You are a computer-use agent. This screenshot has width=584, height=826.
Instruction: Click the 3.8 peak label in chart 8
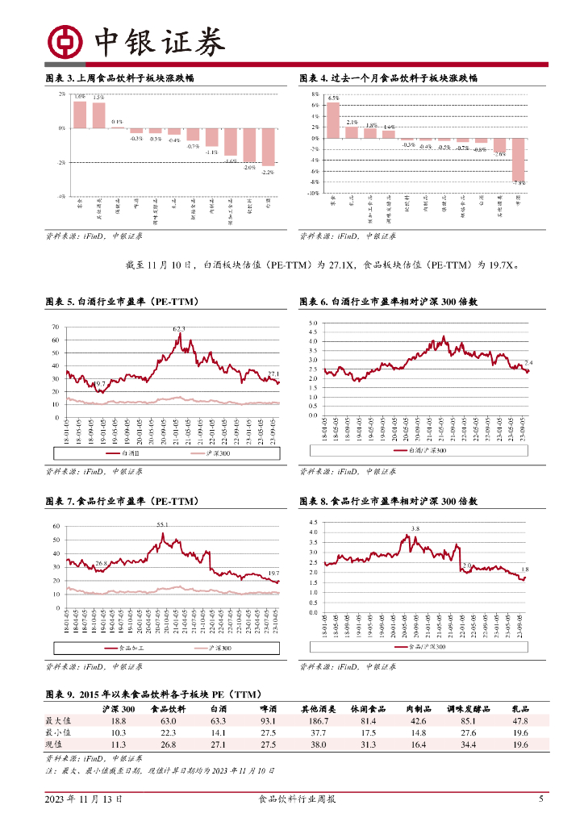point(415,529)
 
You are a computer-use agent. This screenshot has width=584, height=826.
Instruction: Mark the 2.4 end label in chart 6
point(528,363)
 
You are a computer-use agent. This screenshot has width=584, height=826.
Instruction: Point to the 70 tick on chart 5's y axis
point(56,327)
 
